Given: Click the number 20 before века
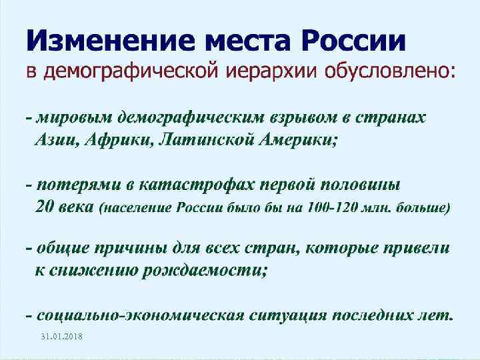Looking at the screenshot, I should [x=44, y=206].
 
